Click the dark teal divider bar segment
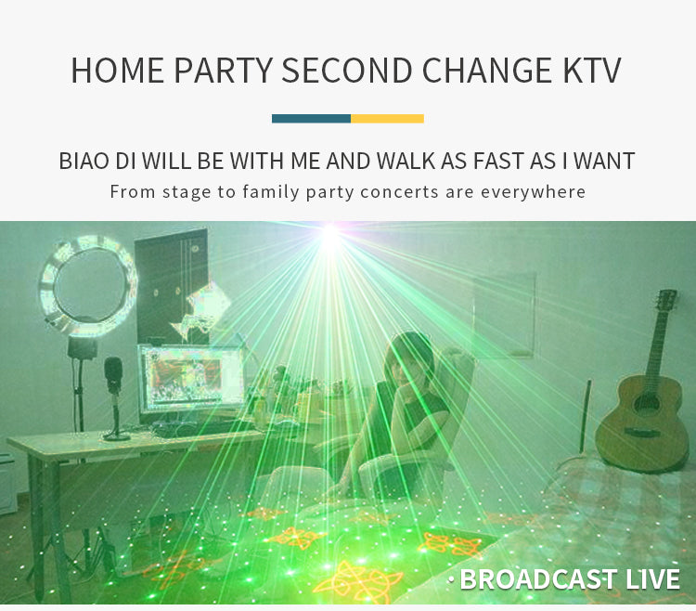pyautogui.click(x=311, y=119)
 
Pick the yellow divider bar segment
pyautogui.click(x=388, y=119)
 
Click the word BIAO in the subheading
pyautogui.click(x=84, y=161)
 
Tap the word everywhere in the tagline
pyautogui.click(x=533, y=192)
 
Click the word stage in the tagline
pyautogui.click(x=187, y=193)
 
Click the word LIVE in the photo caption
pyautogui.click(x=652, y=579)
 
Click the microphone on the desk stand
pyautogui.click(x=113, y=374)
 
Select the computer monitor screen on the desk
pyautogui.click(x=192, y=379)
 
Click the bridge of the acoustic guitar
pyautogui.click(x=641, y=432)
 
